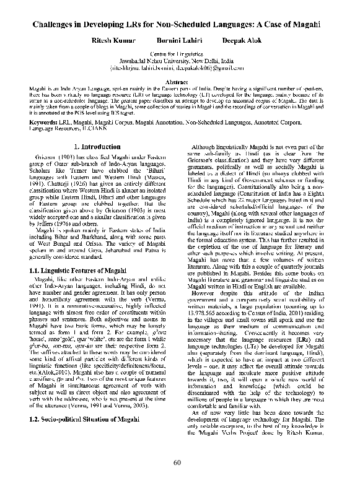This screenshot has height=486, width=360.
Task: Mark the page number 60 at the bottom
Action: [177, 462]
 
